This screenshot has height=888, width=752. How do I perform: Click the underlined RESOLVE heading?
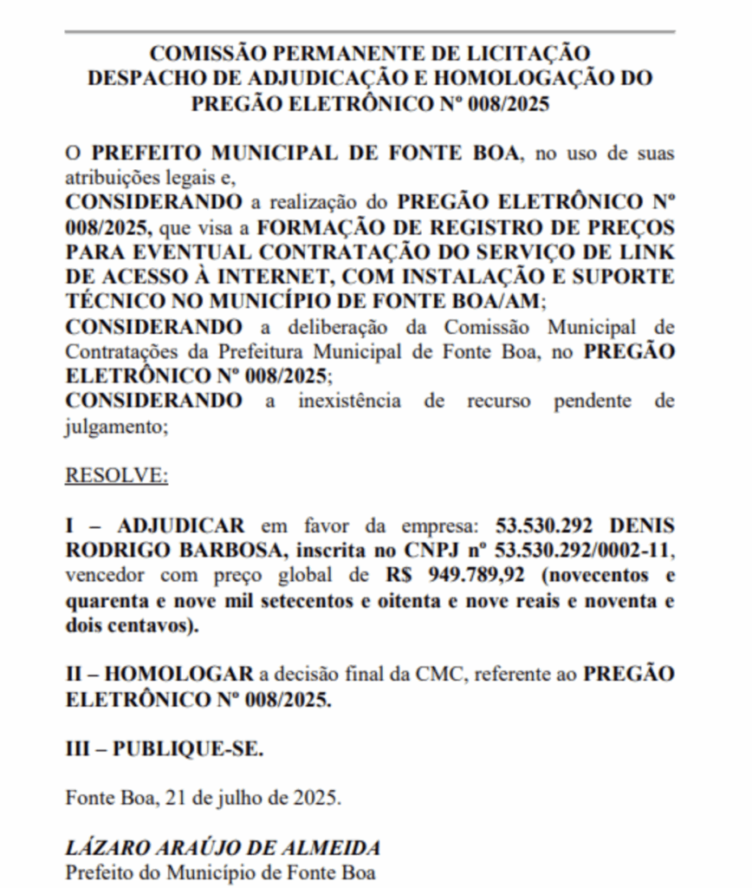117,476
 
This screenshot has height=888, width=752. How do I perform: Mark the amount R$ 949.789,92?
455,576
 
